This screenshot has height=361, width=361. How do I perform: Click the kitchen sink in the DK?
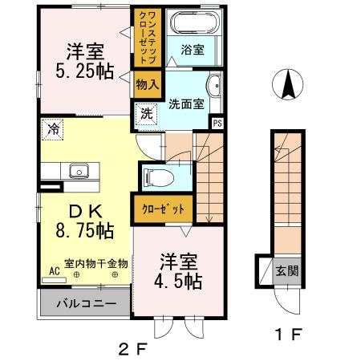tap(79, 170)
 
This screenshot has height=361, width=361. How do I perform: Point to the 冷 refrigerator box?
tap(52, 128)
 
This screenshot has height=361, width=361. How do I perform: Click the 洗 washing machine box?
tap(147, 114)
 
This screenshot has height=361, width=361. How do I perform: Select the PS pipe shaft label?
tap(215, 122)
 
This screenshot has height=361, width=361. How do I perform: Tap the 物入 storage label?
tap(147, 83)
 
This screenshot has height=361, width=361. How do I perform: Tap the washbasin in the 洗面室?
tap(214, 87)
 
